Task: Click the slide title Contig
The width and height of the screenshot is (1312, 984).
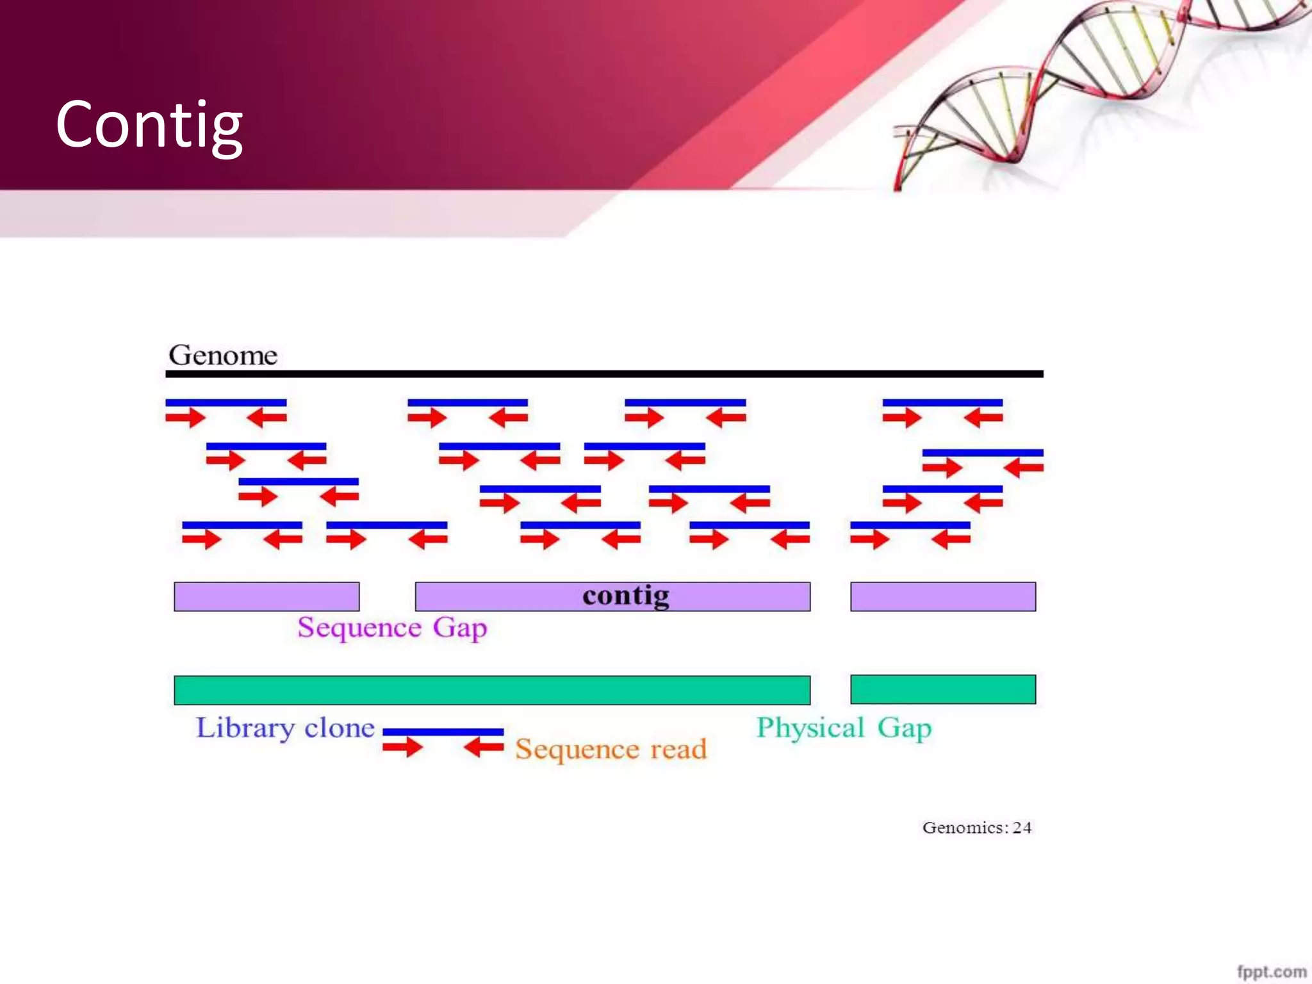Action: click(149, 126)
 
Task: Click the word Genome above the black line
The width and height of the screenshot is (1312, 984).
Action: click(223, 355)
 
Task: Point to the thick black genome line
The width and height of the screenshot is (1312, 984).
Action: click(604, 373)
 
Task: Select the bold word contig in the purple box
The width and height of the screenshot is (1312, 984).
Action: click(626, 596)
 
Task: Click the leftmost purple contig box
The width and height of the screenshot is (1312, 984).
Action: click(266, 596)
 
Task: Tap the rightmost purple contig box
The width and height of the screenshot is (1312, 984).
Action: click(942, 596)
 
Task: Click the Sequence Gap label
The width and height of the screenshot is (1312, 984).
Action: click(392, 627)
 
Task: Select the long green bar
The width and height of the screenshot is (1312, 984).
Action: click(492, 690)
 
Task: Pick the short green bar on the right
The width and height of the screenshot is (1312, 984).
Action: click(942, 689)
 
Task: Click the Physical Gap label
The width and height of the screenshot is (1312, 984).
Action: click(844, 728)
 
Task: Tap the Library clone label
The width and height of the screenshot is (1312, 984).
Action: click(285, 728)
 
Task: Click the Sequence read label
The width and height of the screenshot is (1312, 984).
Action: click(611, 749)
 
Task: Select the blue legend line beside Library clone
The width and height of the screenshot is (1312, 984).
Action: click(443, 732)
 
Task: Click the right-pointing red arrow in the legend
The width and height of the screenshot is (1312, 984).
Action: click(402, 746)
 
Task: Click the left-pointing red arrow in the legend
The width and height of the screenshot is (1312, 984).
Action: click(484, 746)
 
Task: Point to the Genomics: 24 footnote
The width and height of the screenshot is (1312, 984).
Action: click(976, 828)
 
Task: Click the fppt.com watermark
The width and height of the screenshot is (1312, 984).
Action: click(1271, 971)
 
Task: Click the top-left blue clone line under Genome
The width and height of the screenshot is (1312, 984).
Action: click(225, 402)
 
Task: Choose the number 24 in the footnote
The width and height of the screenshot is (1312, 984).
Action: click(1022, 828)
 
